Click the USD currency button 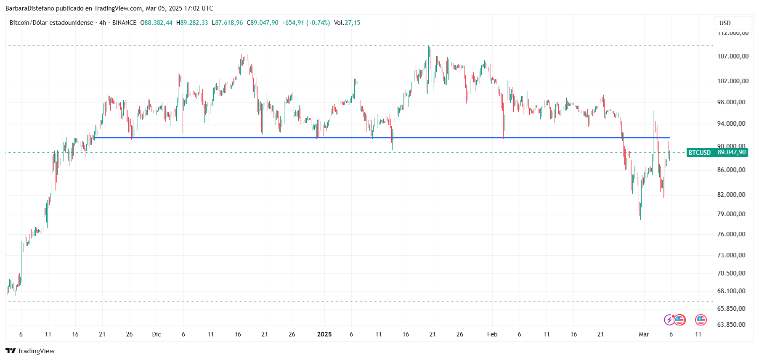point(725,23)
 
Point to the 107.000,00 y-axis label point(733,56)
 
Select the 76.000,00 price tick point(731,234)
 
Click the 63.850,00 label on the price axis point(731,325)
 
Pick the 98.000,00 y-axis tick point(731,102)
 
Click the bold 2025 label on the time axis point(324,334)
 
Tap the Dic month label point(157,334)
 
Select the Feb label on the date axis point(492,334)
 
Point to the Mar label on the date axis point(644,334)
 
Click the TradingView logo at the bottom point(30,351)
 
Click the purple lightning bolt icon point(669,320)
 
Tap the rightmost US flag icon point(701,320)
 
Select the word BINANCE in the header point(124,23)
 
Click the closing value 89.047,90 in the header point(264,23)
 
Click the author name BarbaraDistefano point(30,8)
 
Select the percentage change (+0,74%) point(318,23)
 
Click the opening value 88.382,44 point(158,23)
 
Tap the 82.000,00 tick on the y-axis point(731,195)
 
